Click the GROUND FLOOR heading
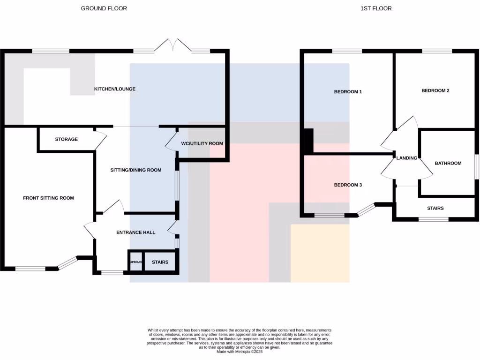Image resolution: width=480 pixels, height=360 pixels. click(104, 8)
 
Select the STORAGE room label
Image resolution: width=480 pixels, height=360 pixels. click(66, 139)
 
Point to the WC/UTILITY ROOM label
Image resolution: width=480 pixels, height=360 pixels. click(202, 143)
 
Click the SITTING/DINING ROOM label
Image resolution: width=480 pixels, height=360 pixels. click(135, 170)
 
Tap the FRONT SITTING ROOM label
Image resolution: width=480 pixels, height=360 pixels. click(48, 198)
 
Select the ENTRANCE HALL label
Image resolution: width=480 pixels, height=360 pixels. click(135, 232)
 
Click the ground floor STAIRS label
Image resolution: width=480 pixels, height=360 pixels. click(160, 262)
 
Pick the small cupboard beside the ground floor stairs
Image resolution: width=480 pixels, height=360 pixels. click(135, 262)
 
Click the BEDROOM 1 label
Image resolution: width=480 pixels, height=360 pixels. click(348, 92)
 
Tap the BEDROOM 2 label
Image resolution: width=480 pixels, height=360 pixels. click(435, 90)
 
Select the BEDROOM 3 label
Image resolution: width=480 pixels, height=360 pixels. click(348, 185)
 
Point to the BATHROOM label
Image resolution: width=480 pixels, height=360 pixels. click(448, 163)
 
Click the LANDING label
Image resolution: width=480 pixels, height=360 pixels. click(406, 158)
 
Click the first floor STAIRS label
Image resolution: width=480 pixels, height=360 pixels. click(435, 208)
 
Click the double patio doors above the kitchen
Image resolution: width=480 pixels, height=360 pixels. click(173, 45)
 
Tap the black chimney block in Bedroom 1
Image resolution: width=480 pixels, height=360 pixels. click(308, 141)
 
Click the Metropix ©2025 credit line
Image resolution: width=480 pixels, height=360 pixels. click(240, 352)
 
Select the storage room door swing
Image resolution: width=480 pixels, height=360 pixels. click(100, 140)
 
